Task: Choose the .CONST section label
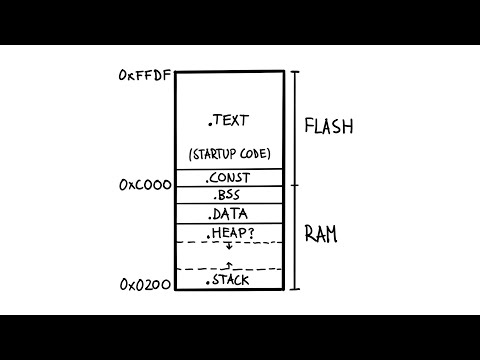click(228, 178)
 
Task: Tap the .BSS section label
click(228, 196)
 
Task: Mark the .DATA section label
click(228, 214)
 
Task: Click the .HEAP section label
click(224, 233)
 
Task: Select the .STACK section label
click(228, 281)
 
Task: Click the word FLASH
click(331, 127)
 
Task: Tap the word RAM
click(322, 236)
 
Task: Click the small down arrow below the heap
click(228, 247)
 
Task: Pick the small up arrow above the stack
click(228, 265)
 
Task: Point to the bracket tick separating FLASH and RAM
click(294, 186)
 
